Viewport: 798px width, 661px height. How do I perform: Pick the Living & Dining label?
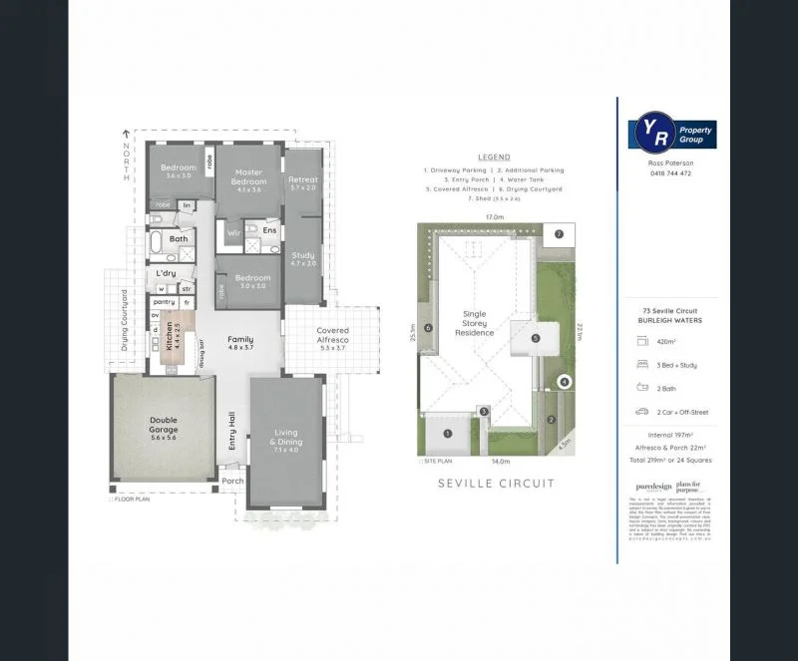pos(286,439)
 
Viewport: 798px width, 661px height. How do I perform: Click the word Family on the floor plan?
pos(240,339)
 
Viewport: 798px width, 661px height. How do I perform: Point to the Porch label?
pos(232,482)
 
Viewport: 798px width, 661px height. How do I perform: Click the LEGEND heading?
pos(494,158)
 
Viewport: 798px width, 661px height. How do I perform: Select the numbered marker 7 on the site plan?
pos(560,234)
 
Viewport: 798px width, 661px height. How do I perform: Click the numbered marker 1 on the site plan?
pos(448,433)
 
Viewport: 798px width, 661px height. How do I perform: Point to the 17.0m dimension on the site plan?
pos(493,216)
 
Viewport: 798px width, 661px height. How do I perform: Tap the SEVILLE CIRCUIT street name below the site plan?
pos(496,484)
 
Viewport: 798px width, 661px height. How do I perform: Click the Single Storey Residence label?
pos(475,324)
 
